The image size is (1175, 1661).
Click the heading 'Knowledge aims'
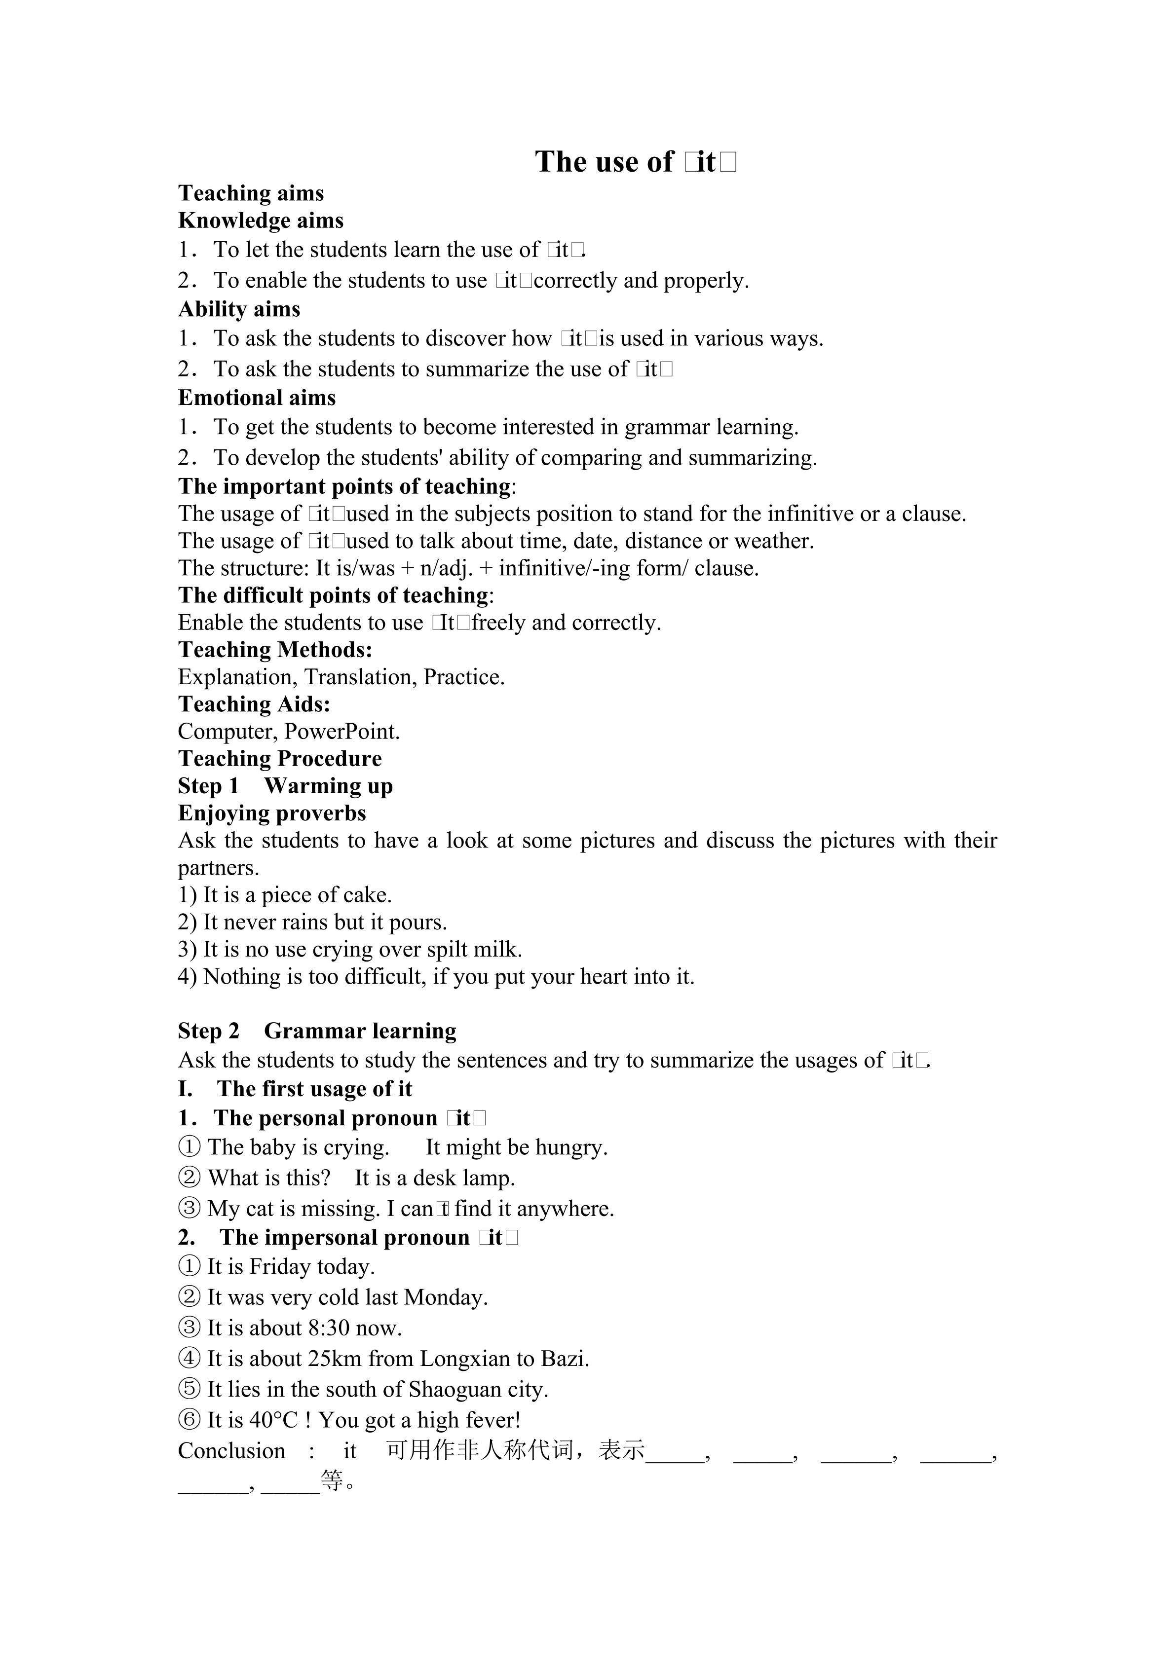[261, 221]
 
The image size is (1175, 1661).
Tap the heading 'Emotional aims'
[257, 398]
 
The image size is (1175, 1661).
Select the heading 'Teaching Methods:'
[275, 650]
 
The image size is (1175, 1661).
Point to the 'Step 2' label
[208, 1031]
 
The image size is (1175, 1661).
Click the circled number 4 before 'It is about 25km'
[189, 1359]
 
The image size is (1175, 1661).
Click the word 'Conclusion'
[231, 1451]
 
